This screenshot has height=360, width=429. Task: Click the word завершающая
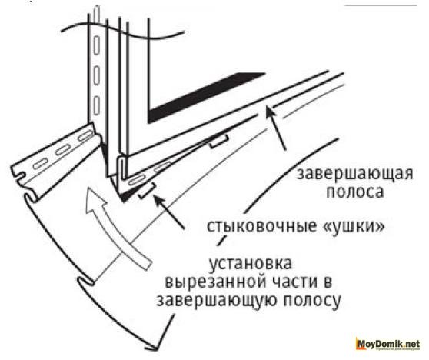(x=355, y=174)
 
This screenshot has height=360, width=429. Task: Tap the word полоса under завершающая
(x=354, y=191)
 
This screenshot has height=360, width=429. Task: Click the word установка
(x=251, y=263)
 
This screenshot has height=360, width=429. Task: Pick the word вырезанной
(x=213, y=282)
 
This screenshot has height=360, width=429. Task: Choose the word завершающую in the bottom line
(x=214, y=301)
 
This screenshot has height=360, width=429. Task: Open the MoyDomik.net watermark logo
(x=387, y=344)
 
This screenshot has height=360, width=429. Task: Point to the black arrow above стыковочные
(x=169, y=211)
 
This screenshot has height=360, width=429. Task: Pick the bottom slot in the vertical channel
(x=96, y=105)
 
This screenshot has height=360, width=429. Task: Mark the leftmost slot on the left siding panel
(x=39, y=164)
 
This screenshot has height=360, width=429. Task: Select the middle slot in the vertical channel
(x=96, y=75)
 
